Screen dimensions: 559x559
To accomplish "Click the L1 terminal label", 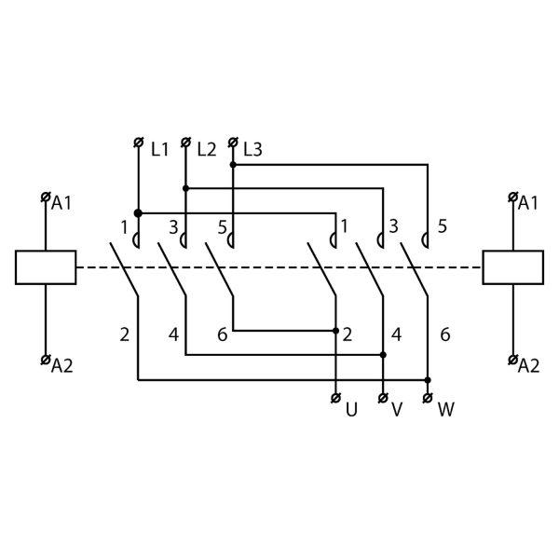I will tap(159, 147).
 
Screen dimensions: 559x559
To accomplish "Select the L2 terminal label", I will tap(206, 147).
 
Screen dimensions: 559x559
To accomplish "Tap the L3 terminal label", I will tap(252, 147).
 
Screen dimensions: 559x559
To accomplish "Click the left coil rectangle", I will tap(46, 267).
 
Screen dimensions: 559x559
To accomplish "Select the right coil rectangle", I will tap(513, 267).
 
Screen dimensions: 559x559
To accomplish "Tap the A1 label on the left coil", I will tap(62, 202).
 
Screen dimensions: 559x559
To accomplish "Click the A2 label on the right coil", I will tap(528, 364).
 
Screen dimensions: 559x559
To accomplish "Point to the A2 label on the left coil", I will tap(62, 364).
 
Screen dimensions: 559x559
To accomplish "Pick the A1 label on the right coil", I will tap(528, 202).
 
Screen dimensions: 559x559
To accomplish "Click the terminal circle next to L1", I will tap(138, 143).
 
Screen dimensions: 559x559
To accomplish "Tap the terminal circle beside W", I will tap(428, 399).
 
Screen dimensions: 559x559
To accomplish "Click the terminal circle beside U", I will tap(335, 399).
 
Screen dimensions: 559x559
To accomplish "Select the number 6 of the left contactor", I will tap(222, 333).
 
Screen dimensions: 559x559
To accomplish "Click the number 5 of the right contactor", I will tap(443, 225).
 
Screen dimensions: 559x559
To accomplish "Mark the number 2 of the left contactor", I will tap(124, 333).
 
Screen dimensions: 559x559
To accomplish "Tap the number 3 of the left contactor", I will tap(172, 225).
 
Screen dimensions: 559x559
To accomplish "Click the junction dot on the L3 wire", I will tap(233, 165).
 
